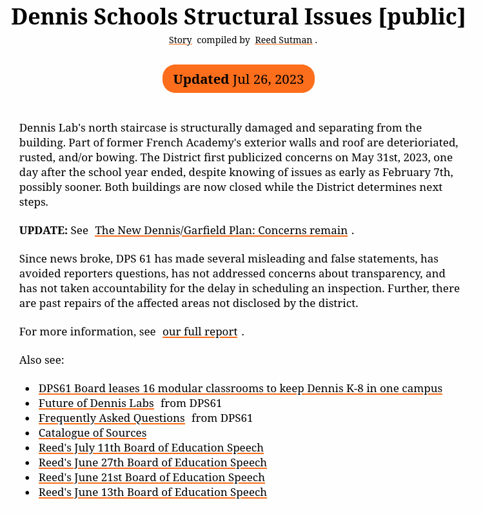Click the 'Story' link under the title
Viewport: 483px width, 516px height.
pyautogui.click(x=180, y=40)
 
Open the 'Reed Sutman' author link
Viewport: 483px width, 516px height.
pyautogui.click(x=284, y=40)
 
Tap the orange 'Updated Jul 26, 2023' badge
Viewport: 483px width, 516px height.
pyautogui.click(x=239, y=79)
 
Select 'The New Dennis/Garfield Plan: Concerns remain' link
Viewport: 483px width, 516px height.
pyautogui.click(x=221, y=230)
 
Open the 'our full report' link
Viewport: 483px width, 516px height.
pyautogui.click(x=200, y=332)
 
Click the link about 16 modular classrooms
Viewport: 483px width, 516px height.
pyautogui.click(x=241, y=388)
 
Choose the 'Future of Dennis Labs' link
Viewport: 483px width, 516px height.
pyautogui.click(x=96, y=403)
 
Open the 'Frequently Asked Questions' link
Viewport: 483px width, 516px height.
pyautogui.click(x=112, y=418)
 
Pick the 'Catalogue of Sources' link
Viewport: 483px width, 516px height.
pyautogui.click(x=92, y=433)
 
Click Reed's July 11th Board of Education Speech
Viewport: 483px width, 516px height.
pyautogui.click(x=151, y=448)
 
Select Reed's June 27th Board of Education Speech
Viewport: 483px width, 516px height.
pyautogui.click(x=153, y=462)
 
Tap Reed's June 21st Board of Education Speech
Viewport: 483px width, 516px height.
pyautogui.click(x=152, y=477)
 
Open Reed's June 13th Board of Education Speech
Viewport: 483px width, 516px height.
pyautogui.click(x=153, y=492)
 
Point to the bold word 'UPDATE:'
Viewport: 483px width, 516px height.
pyautogui.click(x=43, y=230)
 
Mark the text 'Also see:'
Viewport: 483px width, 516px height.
pyautogui.click(x=42, y=360)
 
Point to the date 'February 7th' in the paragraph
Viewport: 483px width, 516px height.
pyautogui.click(x=417, y=172)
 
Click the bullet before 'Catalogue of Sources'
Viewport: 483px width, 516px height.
pyautogui.click(x=26, y=433)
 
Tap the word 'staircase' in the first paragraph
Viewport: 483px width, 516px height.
pyautogui.click(x=145, y=128)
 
